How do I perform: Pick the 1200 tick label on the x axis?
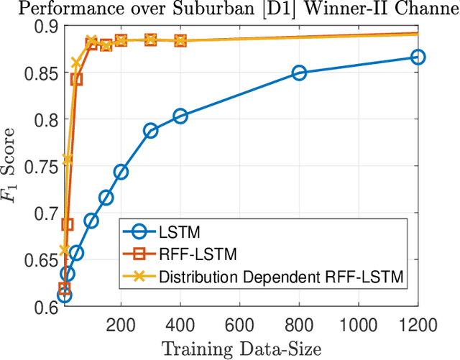418,325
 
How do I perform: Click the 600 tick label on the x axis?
239,325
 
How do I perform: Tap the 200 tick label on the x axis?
121,325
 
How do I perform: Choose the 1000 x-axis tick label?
358,325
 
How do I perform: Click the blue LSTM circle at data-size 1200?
418,57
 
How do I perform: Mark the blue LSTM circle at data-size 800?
299,73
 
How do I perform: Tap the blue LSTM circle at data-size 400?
180,116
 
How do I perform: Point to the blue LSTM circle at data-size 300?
150,130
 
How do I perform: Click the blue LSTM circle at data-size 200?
121,172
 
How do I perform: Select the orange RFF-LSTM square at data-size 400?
180,40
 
